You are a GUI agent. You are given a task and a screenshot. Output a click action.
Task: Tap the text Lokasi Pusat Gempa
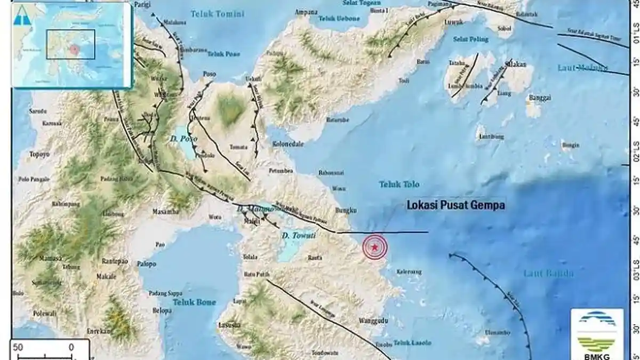pos(455,205)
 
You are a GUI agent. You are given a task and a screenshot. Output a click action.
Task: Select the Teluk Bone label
pos(194,302)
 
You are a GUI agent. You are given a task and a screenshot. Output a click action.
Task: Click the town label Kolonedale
pos(288,144)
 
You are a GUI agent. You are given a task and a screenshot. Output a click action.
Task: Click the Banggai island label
pos(540,98)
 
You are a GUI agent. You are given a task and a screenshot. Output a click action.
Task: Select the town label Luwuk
pos(452,23)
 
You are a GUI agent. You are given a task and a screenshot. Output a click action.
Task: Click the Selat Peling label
pos(467,39)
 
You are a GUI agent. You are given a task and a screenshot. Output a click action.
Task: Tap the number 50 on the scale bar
pos(18,347)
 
